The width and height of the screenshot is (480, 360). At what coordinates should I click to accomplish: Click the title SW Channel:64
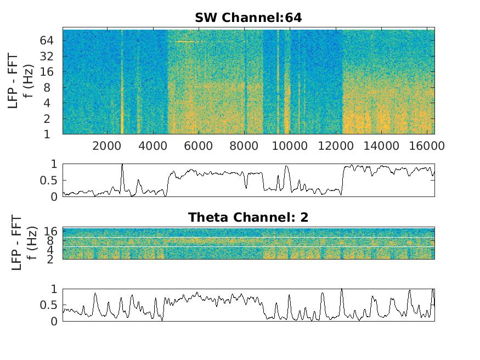pyautogui.click(x=248, y=18)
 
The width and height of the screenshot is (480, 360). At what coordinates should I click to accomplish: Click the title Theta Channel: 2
pyautogui.click(x=248, y=217)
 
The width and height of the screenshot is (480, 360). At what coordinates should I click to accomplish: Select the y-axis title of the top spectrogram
pyautogui.click(x=20, y=81)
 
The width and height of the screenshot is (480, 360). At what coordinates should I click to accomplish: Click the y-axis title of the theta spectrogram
pyautogui.click(x=20, y=243)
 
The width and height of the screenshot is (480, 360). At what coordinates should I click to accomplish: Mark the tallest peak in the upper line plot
pyautogui.click(x=122, y=165)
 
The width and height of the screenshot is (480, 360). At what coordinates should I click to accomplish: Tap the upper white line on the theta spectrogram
pyautogui.click(x=248, y=237)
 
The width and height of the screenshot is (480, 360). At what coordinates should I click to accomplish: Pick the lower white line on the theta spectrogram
pyautogui.click(x=248, y=247)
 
